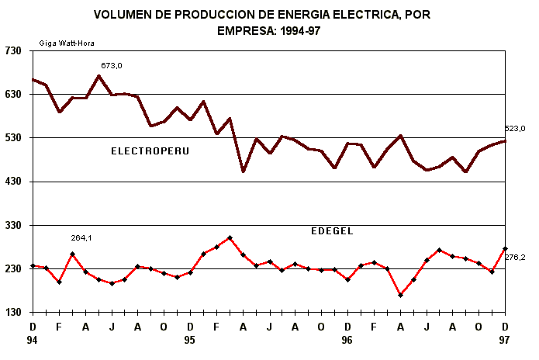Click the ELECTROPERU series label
click(x=150, y=151)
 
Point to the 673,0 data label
click(x=112, y=66)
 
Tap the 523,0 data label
click(x=515, y=129)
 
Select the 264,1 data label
click(x=81, y=238)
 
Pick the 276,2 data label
click(x=515, y=257)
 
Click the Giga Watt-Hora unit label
click(x=67, y=43)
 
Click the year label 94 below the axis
click(x=33, y=340)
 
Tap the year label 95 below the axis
click(x=190, y=340)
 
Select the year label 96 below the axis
click(x=347, y=340)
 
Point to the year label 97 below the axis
click(x=504, y=340)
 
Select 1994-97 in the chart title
click(x=295, y=31)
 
